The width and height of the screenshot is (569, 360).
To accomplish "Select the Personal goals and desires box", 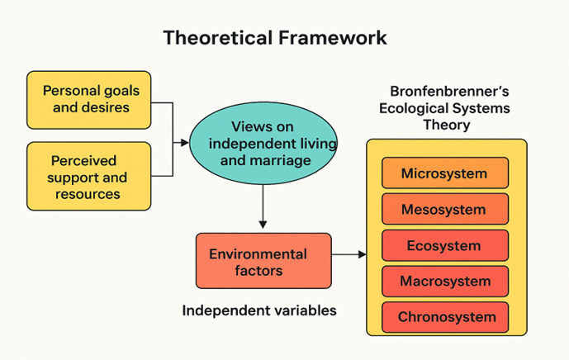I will (x=88, y=99).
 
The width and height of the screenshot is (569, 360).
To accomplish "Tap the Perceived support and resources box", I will (x=88, y=177).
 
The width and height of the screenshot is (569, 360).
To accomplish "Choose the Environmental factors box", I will (x=263, y=261).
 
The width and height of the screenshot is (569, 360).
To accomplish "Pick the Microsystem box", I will (x=444, y=173).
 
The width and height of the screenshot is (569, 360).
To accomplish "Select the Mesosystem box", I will (x=444, y=210).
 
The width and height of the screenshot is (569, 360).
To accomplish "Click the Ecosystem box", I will (x=444, y=245).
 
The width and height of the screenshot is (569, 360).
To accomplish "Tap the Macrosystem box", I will (x=444, y=282).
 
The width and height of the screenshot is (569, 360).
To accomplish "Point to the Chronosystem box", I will (x=444, y=317).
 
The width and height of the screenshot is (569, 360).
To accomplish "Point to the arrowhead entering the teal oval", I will (x=185, y=143).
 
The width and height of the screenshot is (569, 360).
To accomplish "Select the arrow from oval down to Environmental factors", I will (x=263, y=206).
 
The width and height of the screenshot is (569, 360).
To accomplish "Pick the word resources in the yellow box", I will (x=88, y=195).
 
